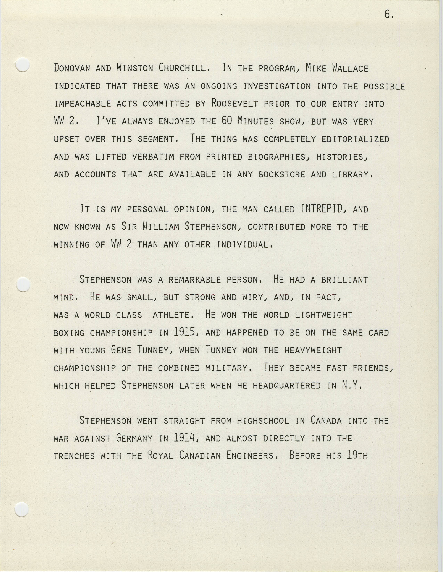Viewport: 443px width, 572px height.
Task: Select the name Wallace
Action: tap(350, 68)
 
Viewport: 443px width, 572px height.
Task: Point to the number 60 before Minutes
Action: tap(227, 121)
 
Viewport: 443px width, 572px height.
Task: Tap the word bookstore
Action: tap(282, 174)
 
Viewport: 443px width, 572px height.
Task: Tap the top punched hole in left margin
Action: tap(22, 65)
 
